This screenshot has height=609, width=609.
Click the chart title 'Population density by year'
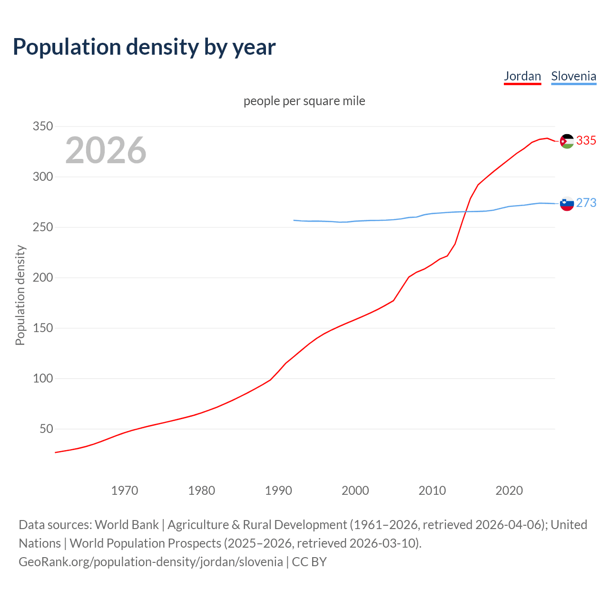[x=144, y=47]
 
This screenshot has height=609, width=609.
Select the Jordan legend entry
[x=522, y=76]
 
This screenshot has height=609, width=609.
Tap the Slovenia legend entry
[x=573, y=76]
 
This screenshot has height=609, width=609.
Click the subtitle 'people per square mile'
[x=304, y=101]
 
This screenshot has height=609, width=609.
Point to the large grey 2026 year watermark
[x=106, y=150]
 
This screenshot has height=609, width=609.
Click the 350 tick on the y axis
[x=42, y=127]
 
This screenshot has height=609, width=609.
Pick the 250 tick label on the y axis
[x=42, y=227]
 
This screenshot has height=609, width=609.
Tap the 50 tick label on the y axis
[x=45, y=429]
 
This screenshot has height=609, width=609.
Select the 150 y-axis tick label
[x=42, y=328]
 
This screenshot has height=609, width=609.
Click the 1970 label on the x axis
[x=125, y=491]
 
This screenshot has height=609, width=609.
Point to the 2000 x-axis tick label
[x=355, y=491]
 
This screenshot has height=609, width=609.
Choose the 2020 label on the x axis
[x=509, y=491]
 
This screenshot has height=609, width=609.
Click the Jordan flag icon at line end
[x=567, y=141]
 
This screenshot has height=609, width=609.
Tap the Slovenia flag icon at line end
[x=567, y=204]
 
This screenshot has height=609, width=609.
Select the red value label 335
[x=586, y=141]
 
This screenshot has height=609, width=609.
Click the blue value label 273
[x=586, y=203]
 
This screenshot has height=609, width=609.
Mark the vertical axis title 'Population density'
[x=20, y=295]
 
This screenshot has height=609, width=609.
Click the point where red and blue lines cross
[x=465, y=212]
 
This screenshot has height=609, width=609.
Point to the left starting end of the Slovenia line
[x=294, y=220]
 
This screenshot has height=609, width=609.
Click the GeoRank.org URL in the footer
[x=151, y=562]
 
